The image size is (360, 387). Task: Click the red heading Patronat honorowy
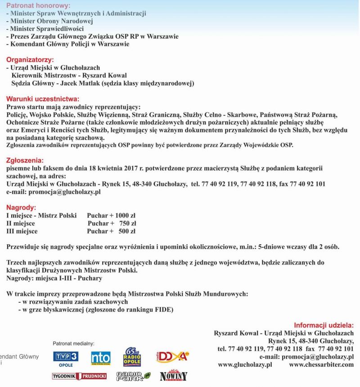(x=38, y=5)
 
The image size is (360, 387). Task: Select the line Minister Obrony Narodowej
(x=49, y=21)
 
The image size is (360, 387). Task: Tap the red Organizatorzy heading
(x=30, y=59)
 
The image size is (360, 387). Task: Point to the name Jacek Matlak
(x=81, y=83)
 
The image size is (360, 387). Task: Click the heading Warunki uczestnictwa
(x=43, y=99)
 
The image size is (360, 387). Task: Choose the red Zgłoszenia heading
(x=25, y=160)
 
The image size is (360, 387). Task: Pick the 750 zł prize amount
(x=128, y=223)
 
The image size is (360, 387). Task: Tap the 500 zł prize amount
(x=127, y=232)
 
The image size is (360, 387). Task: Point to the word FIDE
(x=163, y=310)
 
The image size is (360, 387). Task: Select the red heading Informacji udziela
(x=324, y=325)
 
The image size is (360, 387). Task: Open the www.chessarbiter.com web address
(x=321, y=364)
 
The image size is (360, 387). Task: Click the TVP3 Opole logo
(x=66, y=357)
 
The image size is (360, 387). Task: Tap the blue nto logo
(x=100, y=358)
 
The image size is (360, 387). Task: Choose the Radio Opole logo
(x=132, y=356)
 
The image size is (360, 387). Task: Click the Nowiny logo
(x=174, y=375)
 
